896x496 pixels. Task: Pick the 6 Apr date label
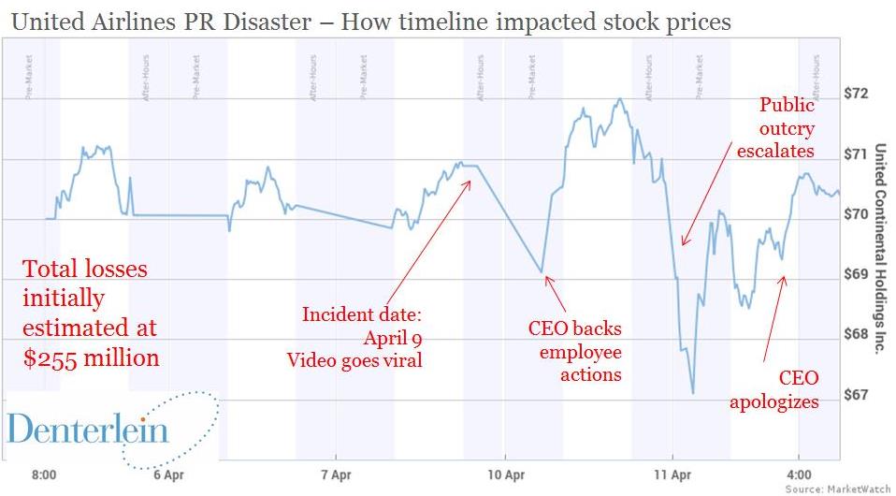coord(166,474)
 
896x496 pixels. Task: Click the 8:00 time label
coord(43,474)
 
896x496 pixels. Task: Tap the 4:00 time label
coord(799,474)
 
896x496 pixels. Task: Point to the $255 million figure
coord(91,357)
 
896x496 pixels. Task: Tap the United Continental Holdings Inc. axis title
coord(879,247)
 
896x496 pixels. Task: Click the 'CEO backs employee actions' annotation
coord(574,352)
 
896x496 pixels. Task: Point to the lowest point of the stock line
coord(693,394)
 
